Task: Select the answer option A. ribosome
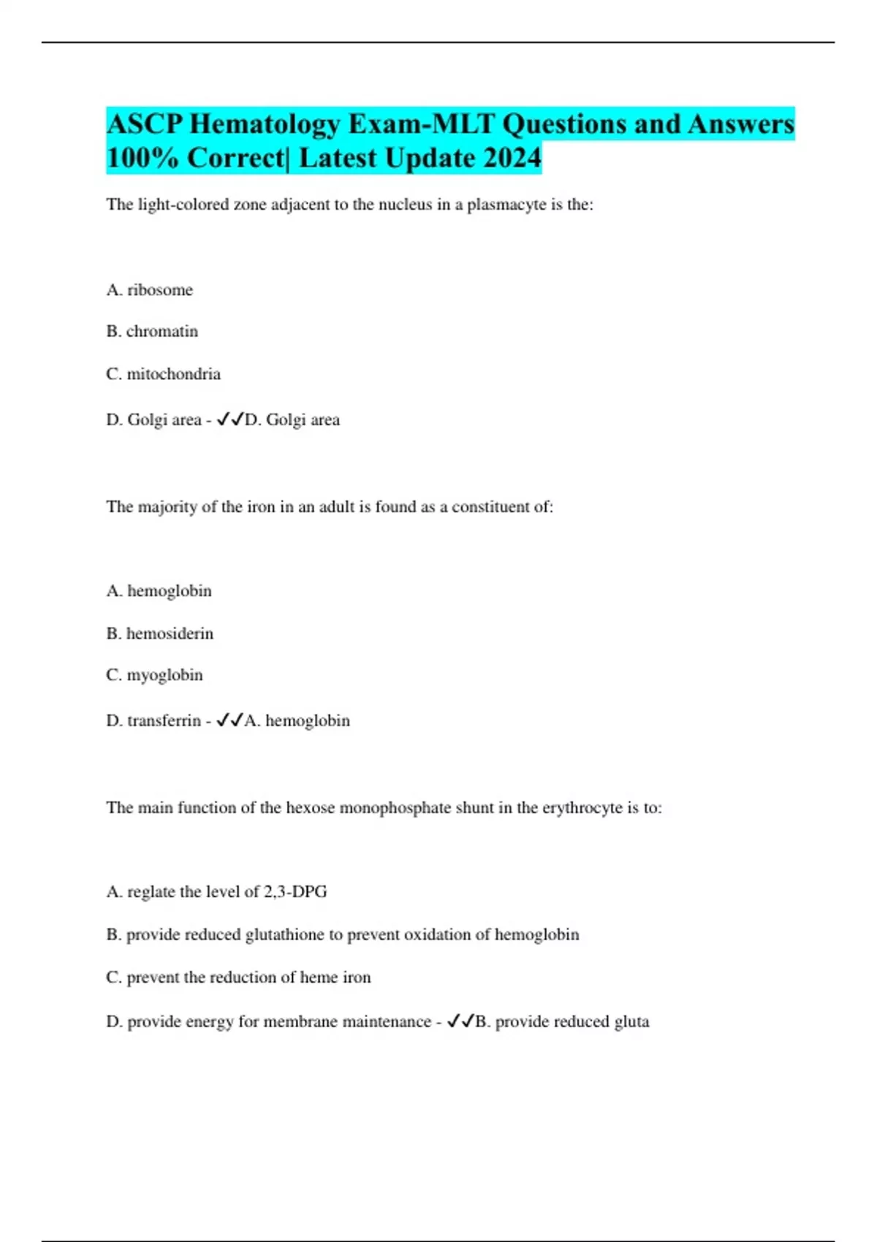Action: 150,290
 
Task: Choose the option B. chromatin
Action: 152,332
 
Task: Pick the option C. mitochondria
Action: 163,374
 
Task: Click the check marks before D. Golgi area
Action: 230,419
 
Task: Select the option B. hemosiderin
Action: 160,633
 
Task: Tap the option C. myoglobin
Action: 154,675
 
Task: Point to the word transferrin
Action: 164,721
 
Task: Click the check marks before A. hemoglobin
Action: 230,720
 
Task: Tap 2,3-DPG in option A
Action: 295,892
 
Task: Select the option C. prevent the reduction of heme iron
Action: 238,978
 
